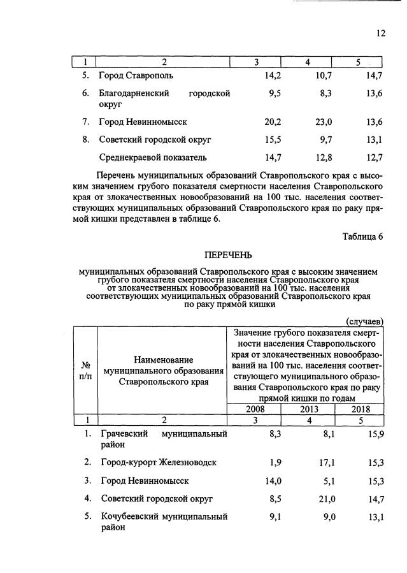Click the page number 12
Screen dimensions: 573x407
pos(381,33)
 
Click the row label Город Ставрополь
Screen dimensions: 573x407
pos(136,75)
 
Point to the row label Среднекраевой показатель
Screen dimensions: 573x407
pos(152,156)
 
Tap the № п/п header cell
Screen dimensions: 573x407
pos(85,372)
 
